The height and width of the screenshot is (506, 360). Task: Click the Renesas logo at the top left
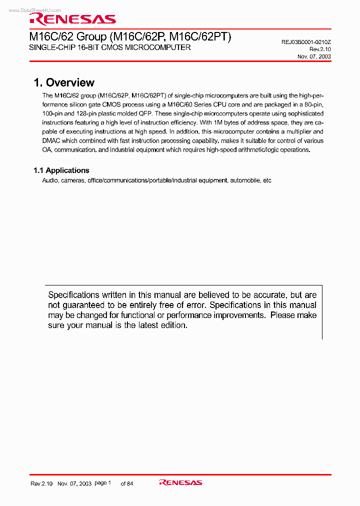coord(72,19)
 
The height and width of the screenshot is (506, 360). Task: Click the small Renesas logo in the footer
coord(180,482)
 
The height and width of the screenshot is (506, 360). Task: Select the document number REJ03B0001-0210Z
coord(306,42)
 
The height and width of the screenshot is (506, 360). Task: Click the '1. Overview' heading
coord(64,83)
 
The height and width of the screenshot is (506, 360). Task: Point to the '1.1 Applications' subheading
coord(61,170)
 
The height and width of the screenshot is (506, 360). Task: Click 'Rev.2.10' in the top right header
coord(320,49)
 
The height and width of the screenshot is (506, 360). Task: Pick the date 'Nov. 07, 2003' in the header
coord(314,56)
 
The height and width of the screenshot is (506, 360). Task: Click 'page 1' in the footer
coord(102,483)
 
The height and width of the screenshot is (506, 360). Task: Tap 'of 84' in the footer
coord(127,483)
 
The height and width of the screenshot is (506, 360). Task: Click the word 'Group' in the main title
coord(91,36)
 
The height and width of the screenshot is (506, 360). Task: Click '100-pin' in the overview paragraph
coord(52,114)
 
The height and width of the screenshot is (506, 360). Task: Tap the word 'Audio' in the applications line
coord(50,180)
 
